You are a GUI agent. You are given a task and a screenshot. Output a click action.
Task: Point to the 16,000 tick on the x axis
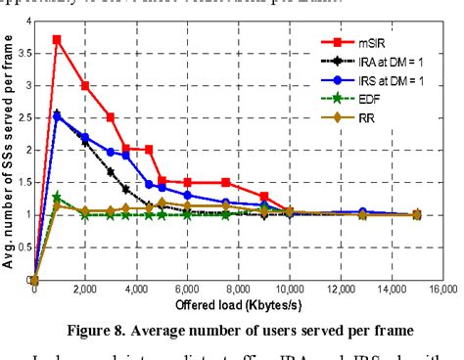pyautogui.click(x=439, y=291)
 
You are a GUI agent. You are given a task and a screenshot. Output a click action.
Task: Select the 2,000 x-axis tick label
pyautogui.click(x=85, y=291)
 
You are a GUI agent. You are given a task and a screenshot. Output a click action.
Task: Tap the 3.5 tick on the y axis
pyautogui.click(x=23, y=53)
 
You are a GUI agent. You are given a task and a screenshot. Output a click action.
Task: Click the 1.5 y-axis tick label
pyautogui.click(x=23, y=182)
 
